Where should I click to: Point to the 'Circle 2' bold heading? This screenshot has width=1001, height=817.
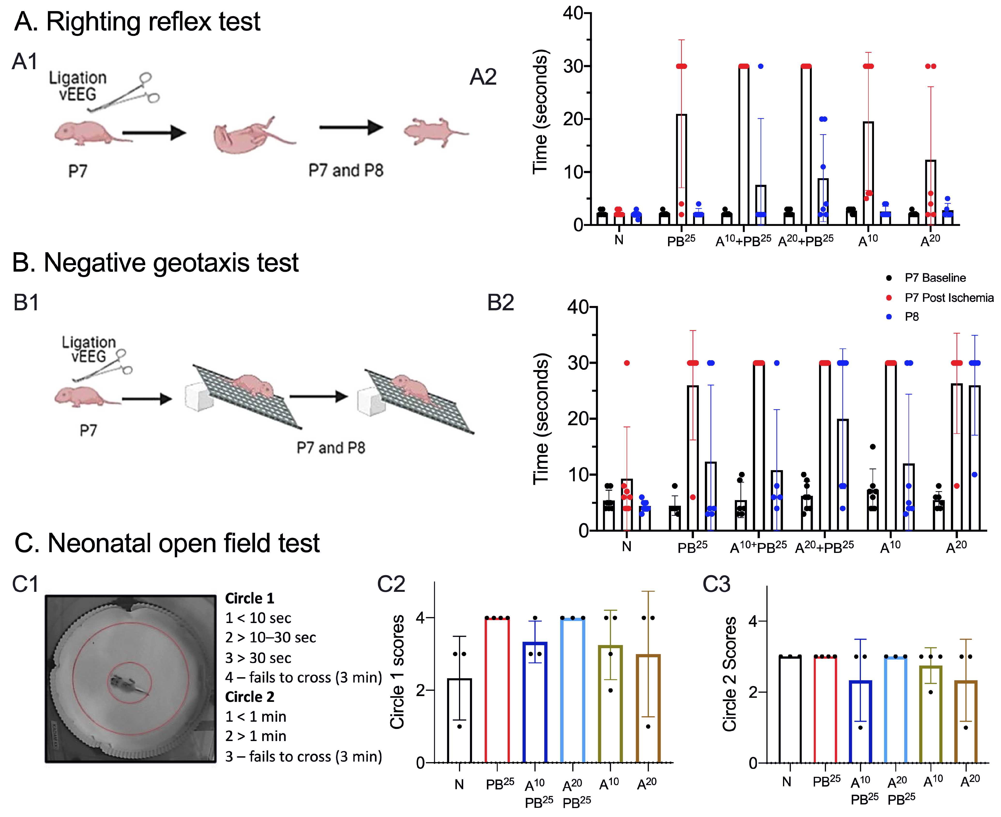(x=249, y=697)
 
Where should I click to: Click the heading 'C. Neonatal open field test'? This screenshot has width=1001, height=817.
(x=167, y=543)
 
